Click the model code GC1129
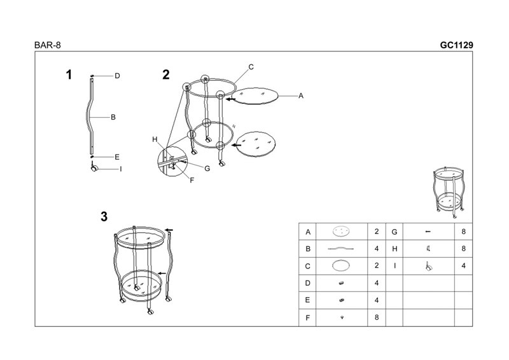pos(456,45)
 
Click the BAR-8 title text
pos(47,45)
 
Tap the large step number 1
pos(69,74)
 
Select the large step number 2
pos(166,74)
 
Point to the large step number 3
pos(104,216)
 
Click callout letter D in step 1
pos(117,76)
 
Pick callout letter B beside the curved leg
pos(113,117)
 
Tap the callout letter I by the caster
pos(121,169)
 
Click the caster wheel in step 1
pos(94,168)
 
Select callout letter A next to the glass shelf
pos(301,96)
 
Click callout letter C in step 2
pos(251,67)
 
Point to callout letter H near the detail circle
pos(155,139)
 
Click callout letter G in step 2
pos(207,169)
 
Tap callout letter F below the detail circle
pos(192,180)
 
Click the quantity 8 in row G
pos(463,232)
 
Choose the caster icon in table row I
pos(429,267)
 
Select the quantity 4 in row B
pos(377,249)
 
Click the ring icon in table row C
pos(341,265)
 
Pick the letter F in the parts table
pos(307,318)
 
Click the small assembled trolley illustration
pos(449,193)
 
